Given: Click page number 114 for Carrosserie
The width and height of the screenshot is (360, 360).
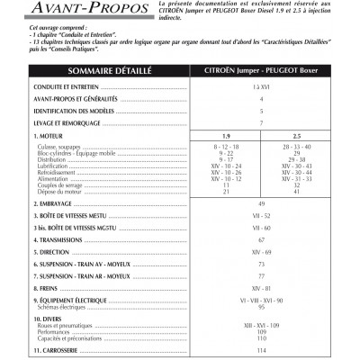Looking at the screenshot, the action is coord(261,350).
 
